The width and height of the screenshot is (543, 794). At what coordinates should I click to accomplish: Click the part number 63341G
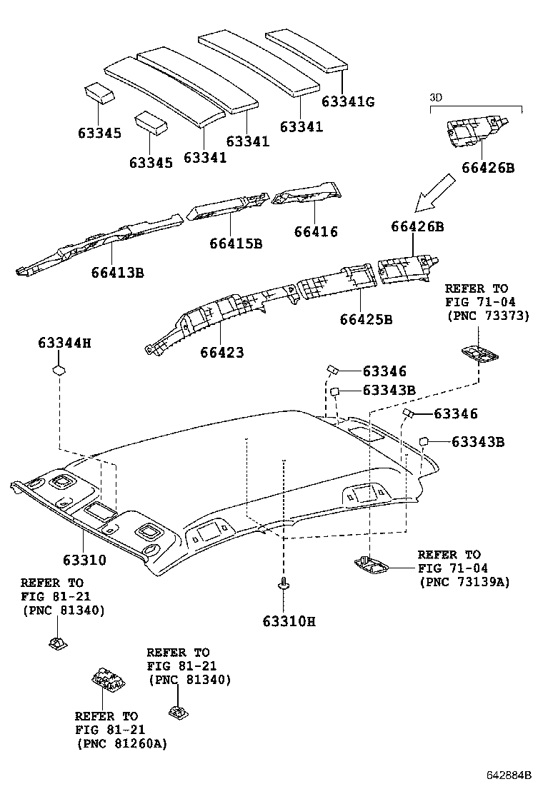pyautogui.click(x=347, y=102)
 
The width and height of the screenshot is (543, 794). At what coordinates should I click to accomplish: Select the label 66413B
pyautogui.click(x=117, y=272)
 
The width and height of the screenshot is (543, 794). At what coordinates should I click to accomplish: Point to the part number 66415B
pyautogui.click(x=236, y=243)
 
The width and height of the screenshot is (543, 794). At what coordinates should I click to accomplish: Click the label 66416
pyautogui.click(x=315, y=232)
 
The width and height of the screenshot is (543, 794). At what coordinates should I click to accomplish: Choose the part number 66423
pyautogui.click(x=221, y=353)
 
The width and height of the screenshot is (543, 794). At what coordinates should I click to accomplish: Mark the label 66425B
pyautogui.click(x=365, y=319)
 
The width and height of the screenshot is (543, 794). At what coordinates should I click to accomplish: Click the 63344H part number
pyautogui.click(x=64, y=343)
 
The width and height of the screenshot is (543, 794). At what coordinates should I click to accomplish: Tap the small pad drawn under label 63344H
pyautogui.click(x=59, y=371)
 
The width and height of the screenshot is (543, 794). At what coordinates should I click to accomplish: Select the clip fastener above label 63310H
pyautogui.click(x=284, y=586)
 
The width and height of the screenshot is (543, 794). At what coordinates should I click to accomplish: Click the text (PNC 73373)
pyautogui.click(x=487, y=315)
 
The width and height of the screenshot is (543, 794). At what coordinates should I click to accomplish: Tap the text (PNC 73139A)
pyautogui.click(x=464, y=582)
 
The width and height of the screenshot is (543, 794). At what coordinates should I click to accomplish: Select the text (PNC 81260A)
pyautogui.click(x=121, y=743)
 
